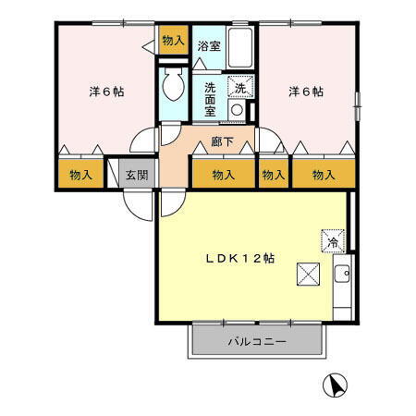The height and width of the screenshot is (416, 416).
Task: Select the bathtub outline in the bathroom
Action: (x=239, y=45)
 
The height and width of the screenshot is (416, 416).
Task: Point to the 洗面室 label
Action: (x=210, y=97)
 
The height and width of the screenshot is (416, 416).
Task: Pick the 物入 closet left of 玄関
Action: (x=80, y=175)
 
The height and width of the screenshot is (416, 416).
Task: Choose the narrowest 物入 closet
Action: (x=272, y=174)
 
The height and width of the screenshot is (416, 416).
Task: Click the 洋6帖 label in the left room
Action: (x=106, y=92)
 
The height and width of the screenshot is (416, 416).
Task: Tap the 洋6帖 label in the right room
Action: (x=305, y=92)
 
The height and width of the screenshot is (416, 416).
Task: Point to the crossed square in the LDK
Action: (x=308, y=275)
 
